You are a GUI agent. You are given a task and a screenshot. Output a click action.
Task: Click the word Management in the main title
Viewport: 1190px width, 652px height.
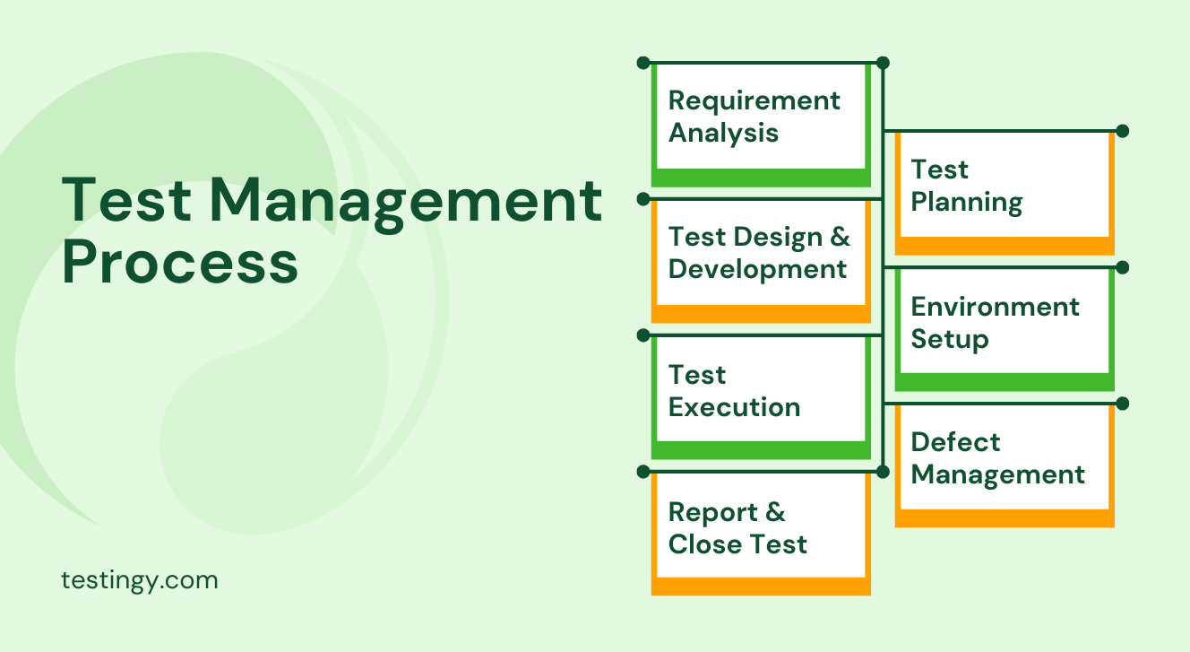[406, 201]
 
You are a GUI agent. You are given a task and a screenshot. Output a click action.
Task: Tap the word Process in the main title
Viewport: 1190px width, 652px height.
[180, 263]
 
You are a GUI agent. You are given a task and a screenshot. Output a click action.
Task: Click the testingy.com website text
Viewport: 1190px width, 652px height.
[140, 580]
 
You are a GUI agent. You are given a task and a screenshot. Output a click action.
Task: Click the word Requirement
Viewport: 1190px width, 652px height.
[755, 100]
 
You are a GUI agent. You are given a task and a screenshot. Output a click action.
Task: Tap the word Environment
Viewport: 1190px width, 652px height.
[995, 307]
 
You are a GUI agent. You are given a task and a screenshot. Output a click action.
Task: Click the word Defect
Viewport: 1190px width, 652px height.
[955, 442]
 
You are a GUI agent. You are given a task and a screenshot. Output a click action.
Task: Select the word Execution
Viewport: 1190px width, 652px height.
[734, 407]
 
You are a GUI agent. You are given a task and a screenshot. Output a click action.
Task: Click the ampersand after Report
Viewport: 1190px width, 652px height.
[774, 512]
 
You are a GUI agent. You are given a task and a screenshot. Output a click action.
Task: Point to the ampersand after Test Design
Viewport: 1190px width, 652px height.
[840, 238]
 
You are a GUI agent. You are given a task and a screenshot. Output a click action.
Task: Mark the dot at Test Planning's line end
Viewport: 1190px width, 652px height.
[1123, 131]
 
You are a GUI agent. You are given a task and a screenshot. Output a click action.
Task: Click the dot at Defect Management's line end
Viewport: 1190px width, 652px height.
[1123, 404]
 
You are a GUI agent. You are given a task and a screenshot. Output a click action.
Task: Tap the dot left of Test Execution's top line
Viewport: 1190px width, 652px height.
[642, 335]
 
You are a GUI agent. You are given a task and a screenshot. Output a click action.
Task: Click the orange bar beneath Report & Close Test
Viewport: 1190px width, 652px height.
[761, 587]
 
